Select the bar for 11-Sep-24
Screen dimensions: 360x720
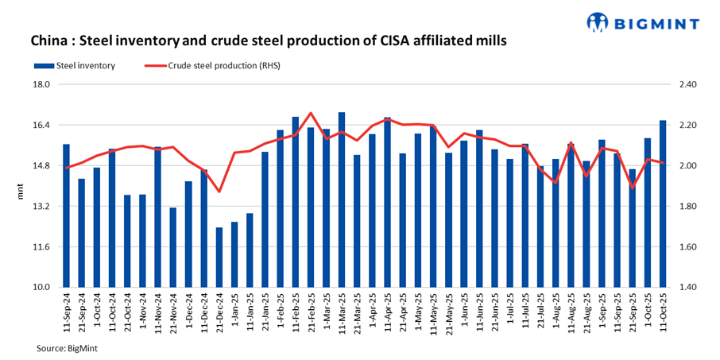[67, 215]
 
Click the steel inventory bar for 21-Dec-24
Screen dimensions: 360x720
[219, 257]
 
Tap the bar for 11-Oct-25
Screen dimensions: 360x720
[663, 203]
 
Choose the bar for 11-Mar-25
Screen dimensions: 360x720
[342, 199]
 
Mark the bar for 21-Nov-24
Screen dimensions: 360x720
[173, 247]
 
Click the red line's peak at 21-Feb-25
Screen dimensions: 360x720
[311, 113]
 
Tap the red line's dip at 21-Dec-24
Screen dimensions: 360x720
[219, 192]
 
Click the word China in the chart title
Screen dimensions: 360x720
[50, 40]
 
